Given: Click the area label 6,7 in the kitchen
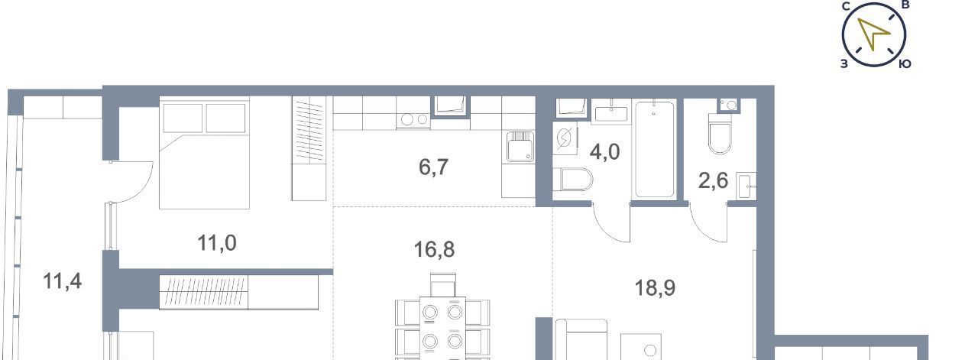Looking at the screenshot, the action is point(433,167).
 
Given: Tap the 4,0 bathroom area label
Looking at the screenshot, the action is point(604,152).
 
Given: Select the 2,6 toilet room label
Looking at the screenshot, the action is point(714,180).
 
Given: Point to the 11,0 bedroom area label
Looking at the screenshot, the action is point(217,243).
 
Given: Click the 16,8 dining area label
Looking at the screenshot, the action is point(434,249).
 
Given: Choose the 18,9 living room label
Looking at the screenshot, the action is point(655,288).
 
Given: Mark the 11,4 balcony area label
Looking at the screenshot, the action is point(63,281).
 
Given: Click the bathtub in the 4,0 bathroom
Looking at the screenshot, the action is point(654,149).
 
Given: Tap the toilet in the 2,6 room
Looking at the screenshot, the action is point(720,134).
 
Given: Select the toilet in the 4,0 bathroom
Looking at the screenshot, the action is point(572,180).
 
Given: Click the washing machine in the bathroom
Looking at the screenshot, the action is point(565,138).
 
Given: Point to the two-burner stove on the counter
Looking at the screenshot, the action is point(413,120).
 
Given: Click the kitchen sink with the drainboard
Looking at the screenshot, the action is point(520,146).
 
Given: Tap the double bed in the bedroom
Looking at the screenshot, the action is point(204,154).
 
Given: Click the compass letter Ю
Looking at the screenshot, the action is point(905,63).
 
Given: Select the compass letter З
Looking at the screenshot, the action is point(844,63).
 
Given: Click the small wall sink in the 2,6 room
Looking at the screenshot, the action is point(746,186).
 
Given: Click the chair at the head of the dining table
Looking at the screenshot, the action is point(442,285).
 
